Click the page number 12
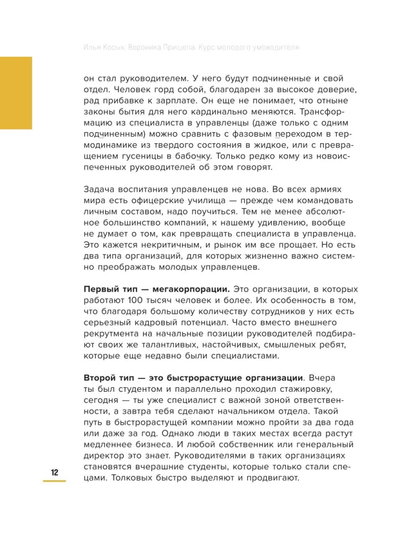pos(55,472)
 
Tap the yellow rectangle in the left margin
pos(16,93)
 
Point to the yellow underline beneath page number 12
pos(55,481)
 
